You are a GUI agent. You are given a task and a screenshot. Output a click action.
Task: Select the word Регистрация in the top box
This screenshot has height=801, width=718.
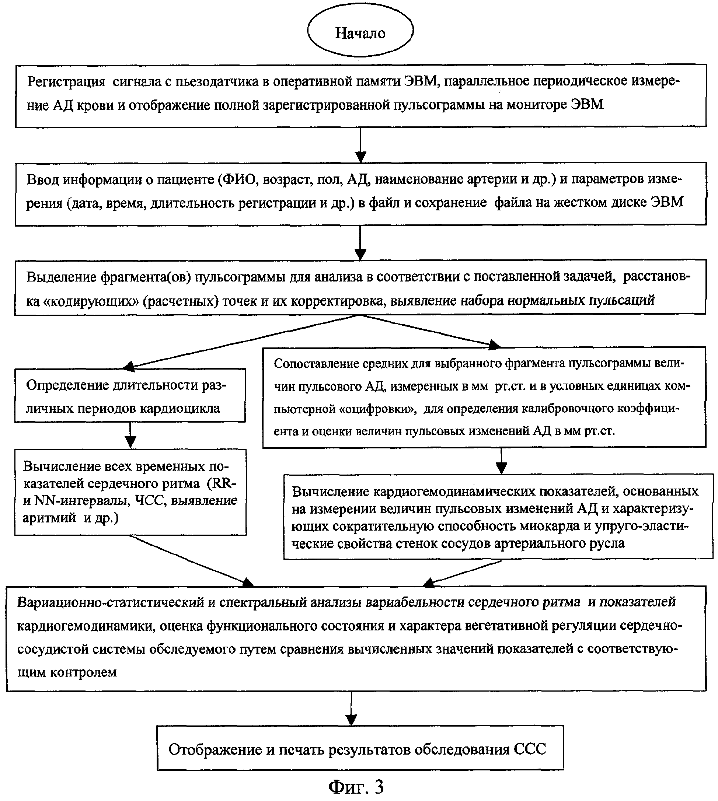point(66,82)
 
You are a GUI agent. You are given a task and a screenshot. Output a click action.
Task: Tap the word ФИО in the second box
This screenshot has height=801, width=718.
point(240,179)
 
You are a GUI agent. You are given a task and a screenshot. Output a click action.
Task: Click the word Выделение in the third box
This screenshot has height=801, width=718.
point(62,277)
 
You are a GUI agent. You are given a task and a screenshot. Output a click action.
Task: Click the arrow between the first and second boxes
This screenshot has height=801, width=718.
point(360,145)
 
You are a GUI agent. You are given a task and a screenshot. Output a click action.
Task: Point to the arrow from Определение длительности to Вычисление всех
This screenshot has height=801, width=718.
point(130,435)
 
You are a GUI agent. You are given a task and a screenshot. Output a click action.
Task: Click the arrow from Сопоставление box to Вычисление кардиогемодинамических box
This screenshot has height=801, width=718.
point(501,461)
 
